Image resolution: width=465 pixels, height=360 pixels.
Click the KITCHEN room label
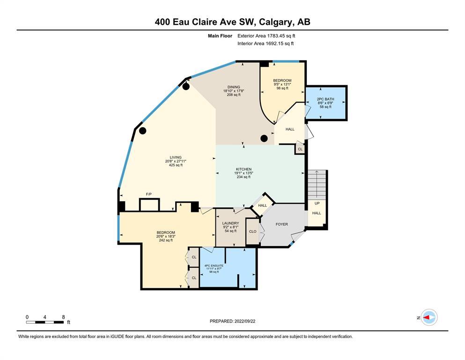click(244, 169)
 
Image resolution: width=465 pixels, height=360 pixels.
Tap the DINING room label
click(234, 87)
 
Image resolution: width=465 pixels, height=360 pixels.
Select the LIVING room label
click(176, 157)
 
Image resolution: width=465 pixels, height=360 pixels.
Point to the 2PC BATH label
click(325, 99)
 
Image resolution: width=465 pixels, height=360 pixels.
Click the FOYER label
click(282, 225)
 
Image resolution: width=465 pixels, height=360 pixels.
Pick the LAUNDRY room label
click(230, 223)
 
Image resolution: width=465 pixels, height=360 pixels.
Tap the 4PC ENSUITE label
click(214, 266)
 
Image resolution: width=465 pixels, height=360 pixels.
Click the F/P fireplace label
click(149, 194)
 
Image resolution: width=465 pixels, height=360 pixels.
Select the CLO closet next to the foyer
click(253, 232)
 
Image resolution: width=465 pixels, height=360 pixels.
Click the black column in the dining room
click(264, 138)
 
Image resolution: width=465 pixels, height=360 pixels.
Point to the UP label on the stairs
click(317, 203)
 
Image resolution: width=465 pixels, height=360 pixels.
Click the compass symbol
click(429, 317)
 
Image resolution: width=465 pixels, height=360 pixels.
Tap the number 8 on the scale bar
click(63, 317)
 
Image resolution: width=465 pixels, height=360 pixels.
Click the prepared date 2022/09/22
click(244, 321)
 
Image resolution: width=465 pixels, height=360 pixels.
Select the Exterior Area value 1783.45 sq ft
click(281, 36)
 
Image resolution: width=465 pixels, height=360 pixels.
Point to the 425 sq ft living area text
click(176, 165)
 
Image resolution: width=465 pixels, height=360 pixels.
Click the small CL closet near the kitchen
click(300, 149)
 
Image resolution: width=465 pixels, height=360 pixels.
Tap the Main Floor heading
click(220, 36)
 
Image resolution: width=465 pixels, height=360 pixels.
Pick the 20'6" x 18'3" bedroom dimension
click(166, 236)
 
